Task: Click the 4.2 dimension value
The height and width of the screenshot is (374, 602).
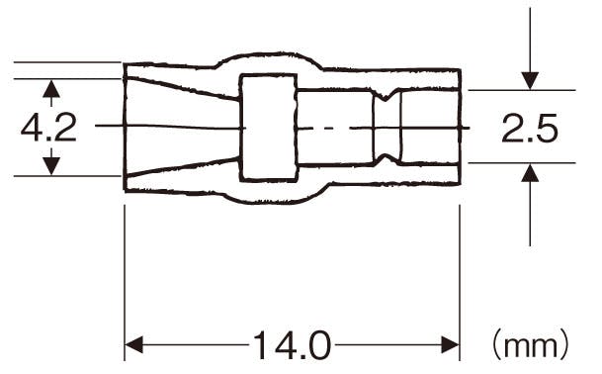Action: (x=48, y=128)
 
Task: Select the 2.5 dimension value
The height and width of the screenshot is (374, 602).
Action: (x=530, y=128)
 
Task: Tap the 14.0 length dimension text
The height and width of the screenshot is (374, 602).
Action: (x=292, y=345)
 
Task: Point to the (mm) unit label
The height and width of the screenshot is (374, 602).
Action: (x=531, y=345)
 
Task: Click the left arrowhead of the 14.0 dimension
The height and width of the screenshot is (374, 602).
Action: (x=134, y=344)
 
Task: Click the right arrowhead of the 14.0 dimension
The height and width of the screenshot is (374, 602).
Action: (x=450, y=344)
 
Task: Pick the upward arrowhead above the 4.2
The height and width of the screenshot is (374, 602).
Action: (x=51, y=88)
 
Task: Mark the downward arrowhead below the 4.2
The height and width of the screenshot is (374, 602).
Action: (x=51, y=167)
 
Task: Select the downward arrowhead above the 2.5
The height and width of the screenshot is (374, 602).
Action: (x=530, y=81)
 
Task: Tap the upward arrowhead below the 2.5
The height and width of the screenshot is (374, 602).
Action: (x=530, y=172)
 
